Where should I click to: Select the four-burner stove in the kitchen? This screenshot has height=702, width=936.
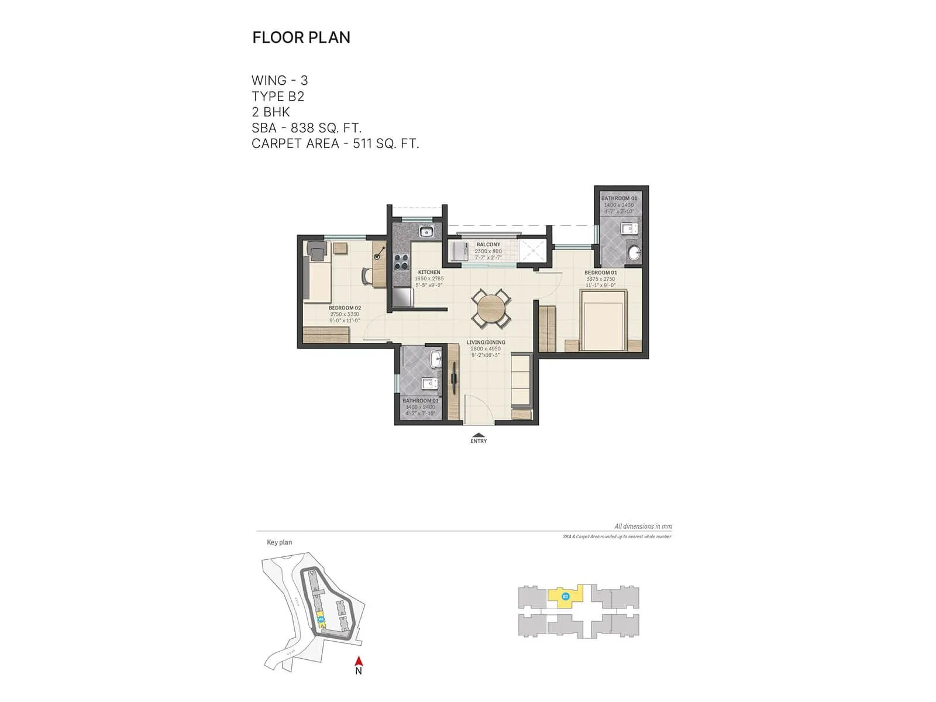[x=401, y=261]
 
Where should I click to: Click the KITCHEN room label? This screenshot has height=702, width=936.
[x=429, y=273]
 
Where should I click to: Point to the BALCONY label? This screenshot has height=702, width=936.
[x=488, y=245]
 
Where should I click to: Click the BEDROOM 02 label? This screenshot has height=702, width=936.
[x=345, y=308]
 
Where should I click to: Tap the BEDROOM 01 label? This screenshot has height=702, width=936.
[x=601, y=273]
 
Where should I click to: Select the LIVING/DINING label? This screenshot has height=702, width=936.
[x=486, y=342]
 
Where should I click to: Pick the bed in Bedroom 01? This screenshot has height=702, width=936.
[x=603, y=320]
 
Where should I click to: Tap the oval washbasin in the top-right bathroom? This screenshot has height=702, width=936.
[x=634, y=253]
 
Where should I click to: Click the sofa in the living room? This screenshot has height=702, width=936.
[x=520, y=380]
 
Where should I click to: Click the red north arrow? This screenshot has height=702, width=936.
[x=359, y=662]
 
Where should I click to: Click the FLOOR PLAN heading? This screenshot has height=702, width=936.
[x=301, y=37]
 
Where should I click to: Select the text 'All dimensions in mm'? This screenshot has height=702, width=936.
[x=642, y=526]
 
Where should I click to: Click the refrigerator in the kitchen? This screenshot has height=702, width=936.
[x=402, y=297]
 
